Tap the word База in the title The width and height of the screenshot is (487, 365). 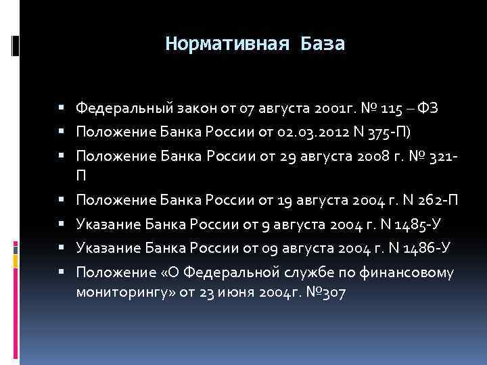(319, 45)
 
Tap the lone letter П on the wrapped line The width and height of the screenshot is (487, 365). (81, 176)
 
